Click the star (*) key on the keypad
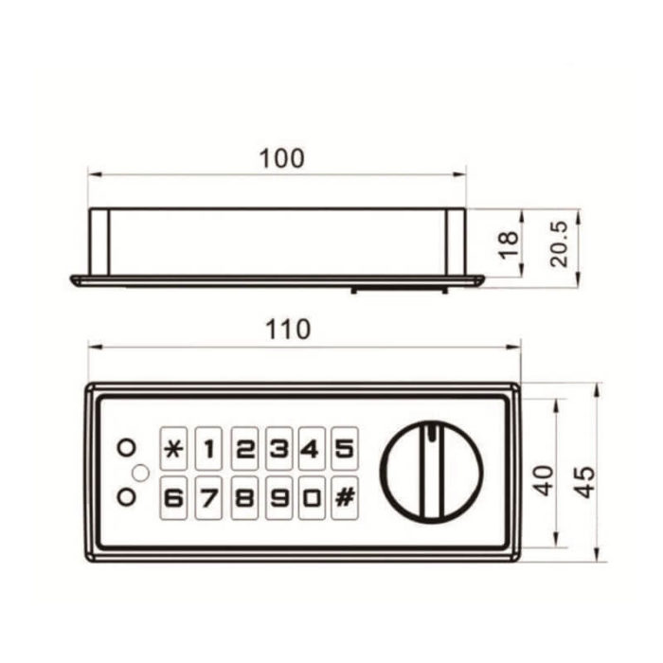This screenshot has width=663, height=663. pos(173,449)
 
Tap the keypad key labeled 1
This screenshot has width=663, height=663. pos(209,449)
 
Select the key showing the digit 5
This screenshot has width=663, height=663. pos(345,449)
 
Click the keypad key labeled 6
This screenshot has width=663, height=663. pos(173,498)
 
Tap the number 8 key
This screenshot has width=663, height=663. pos(244,498)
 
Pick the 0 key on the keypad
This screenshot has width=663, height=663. pos(312,498)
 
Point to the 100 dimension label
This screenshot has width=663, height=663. pos(281,158)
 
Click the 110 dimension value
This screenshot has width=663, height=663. pos(288,330)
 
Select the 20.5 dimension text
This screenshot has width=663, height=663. pos(559,244)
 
